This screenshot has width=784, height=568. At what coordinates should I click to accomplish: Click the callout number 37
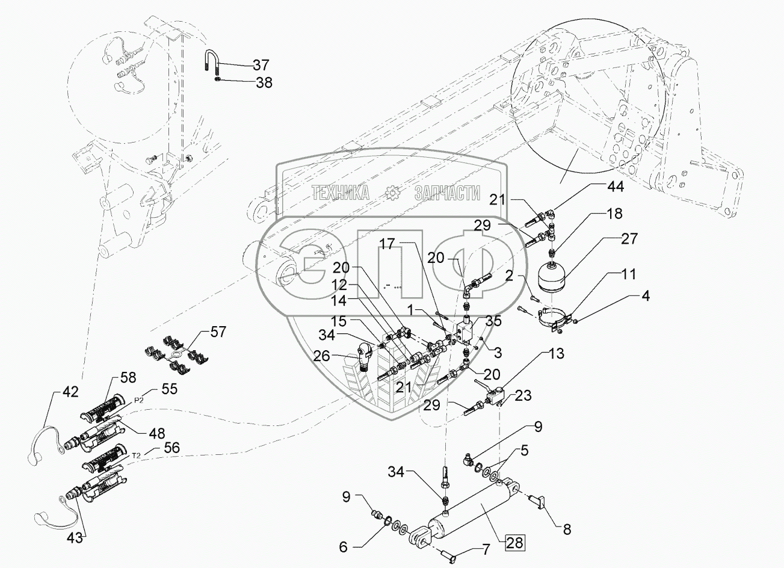[261, 65]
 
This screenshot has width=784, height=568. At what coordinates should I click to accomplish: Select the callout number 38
[264, 82]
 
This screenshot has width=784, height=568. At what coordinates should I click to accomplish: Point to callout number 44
[614, 188]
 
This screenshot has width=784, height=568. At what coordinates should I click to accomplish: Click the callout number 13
[557, 354]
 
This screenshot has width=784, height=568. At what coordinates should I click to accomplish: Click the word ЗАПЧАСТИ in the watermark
[447, 193]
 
